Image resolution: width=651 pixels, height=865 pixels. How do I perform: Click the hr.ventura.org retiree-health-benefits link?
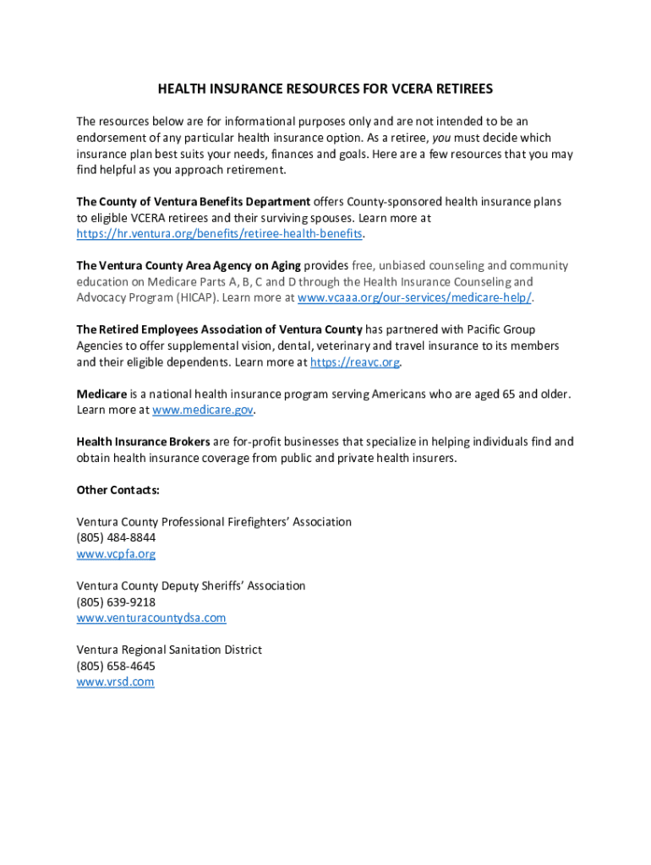tap(220, 234)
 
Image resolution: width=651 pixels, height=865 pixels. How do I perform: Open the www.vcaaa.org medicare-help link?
tap(414, 298)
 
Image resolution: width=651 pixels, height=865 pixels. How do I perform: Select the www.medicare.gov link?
tap(203, 411)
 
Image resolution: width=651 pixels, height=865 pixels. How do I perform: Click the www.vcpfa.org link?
tap(116, 554)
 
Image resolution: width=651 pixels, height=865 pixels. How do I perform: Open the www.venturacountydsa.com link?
tap(151, 618)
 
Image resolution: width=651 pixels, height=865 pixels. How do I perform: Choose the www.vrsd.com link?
tap(115, 683)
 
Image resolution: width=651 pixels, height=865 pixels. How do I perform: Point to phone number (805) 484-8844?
tap(116, 538)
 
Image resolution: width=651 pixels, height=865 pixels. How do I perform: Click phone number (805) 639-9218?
tap(116, 602)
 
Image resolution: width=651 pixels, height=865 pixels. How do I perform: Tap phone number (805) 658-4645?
tap(116, 666)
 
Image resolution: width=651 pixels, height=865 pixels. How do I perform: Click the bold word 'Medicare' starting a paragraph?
tap(101, 394)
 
